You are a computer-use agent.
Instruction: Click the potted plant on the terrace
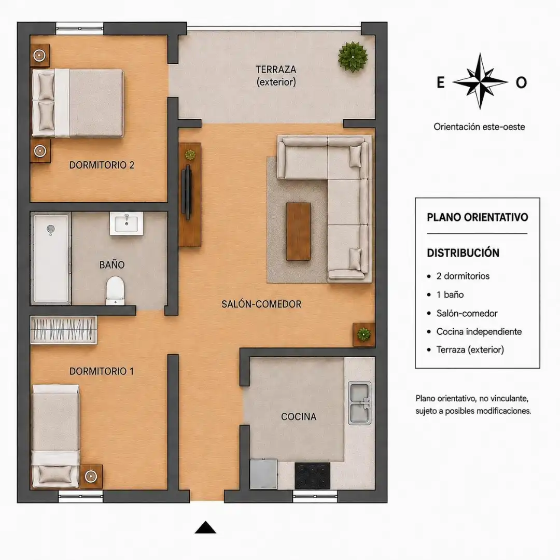click(353, 57)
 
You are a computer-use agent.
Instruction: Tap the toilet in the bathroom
click(115, 290)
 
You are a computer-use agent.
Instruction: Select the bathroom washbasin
click(127, 223)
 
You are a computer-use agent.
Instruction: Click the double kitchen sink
click(360, 403)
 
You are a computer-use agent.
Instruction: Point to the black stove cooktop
click(313, 475)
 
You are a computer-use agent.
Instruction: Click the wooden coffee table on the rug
click(298, 231)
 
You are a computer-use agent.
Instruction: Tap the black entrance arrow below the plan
click(205, 527)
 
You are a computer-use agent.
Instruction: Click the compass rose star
click(480, 81)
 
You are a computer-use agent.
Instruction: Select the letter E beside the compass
click(441, 82)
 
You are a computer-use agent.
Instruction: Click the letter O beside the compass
click(522, 82)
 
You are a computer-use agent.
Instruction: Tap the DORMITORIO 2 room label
click(102, 165)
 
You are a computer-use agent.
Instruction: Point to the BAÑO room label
click(112, 264)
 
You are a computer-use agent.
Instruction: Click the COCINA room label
click(299, 416)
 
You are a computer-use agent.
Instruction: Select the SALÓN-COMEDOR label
click(261, 304)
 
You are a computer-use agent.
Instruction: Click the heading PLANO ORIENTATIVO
click(478, 217)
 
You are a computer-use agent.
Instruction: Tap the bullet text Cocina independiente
click(479, 331)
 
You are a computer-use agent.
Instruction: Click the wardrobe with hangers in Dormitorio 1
click(64, 330)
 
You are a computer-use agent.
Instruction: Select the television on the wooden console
click(187, 192)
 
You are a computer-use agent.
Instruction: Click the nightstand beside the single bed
click(91, 477)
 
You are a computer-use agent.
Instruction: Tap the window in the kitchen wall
click(315, 496)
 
